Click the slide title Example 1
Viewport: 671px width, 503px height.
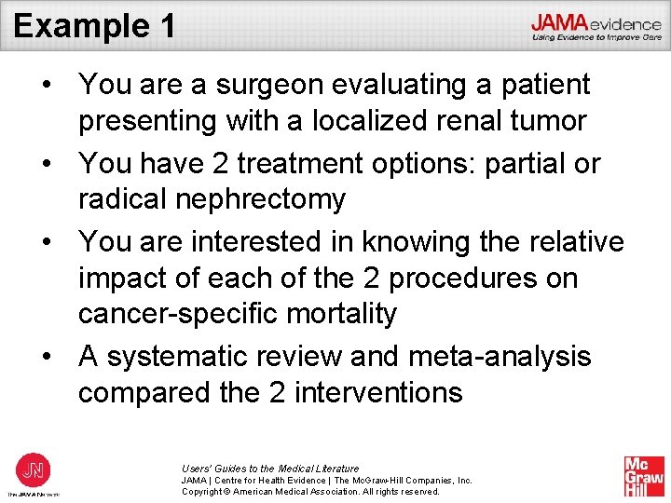click(94, 25)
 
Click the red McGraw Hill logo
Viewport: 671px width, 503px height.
click(644, 476)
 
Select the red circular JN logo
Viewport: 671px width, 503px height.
click(33, 469)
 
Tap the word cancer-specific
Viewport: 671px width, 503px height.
click(182, 315)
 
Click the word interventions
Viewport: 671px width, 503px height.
click(378, 393)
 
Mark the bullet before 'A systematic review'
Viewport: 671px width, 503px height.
click(46, 357)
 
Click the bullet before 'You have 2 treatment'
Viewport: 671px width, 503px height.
click(46, 163)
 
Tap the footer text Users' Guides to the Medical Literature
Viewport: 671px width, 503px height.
click(270, 469)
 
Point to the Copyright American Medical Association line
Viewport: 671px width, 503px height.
click(310, 491)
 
